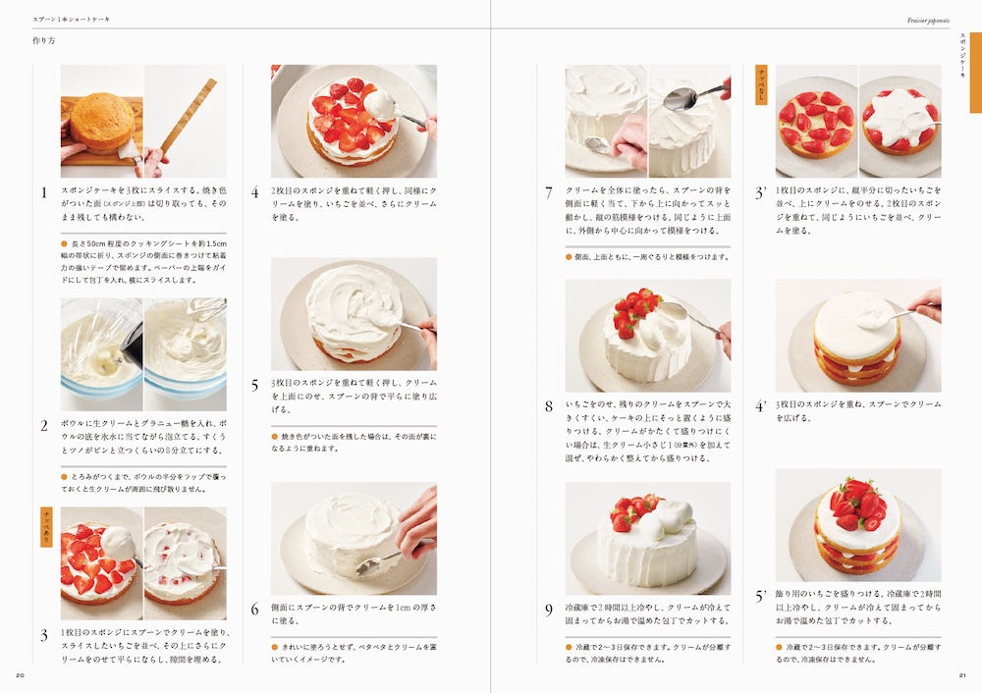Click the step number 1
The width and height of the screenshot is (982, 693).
click(x=43, y=192)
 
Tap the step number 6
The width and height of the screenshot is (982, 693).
click(x=254, y=610)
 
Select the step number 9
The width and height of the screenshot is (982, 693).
click(x=549, y=610)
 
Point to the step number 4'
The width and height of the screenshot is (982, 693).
click(x=760, y=406)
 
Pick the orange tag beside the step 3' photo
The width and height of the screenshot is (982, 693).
click(x=761, y=84)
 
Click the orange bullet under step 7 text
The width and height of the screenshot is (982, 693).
click(x=569, y=257)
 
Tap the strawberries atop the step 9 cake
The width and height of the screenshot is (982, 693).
click(x=634, y=510)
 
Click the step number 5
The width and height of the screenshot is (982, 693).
click(x=254, y=386)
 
